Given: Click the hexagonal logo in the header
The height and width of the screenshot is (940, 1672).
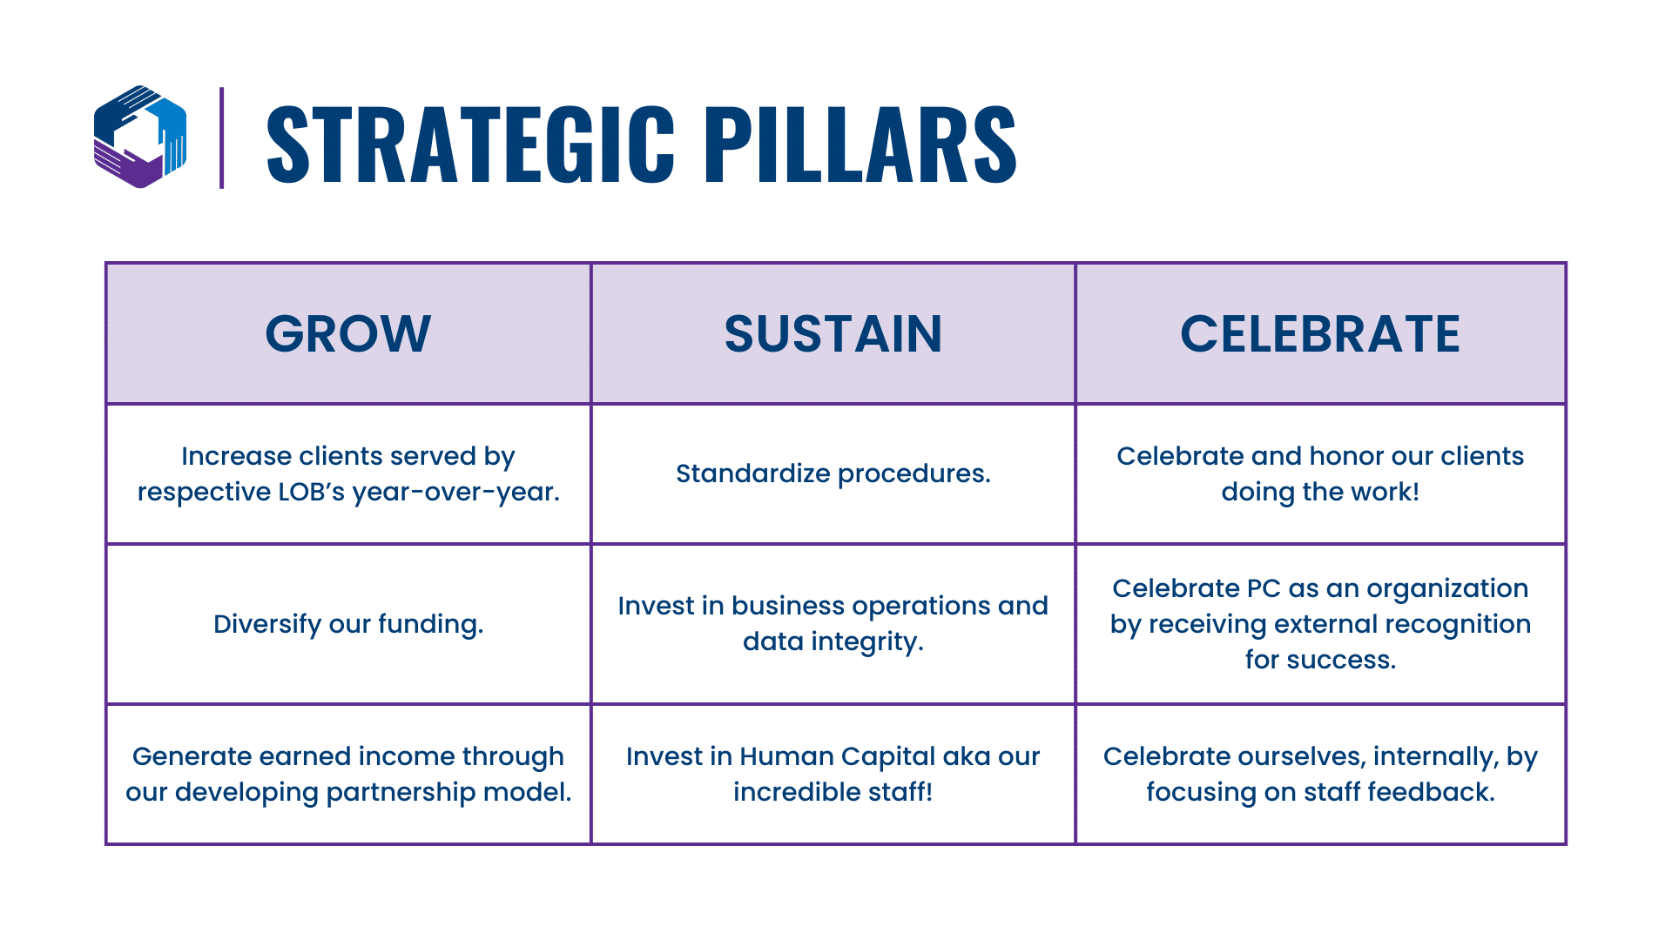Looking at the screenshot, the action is tap(140, 137).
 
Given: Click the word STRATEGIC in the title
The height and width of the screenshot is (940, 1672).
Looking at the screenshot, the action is tap(470, 144).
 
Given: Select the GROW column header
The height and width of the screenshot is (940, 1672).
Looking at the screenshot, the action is tap(348, 333).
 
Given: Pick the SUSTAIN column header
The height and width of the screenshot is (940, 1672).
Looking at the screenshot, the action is tap(833, 333).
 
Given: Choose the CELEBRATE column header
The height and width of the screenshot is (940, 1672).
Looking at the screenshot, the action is tap(1320, 333).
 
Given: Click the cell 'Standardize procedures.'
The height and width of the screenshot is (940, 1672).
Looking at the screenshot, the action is tap(833, 473).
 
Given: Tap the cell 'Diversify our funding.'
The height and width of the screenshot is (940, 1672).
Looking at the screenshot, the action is tap(348, 624).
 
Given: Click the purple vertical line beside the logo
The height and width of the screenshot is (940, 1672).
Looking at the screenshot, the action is tap(222, 138).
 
